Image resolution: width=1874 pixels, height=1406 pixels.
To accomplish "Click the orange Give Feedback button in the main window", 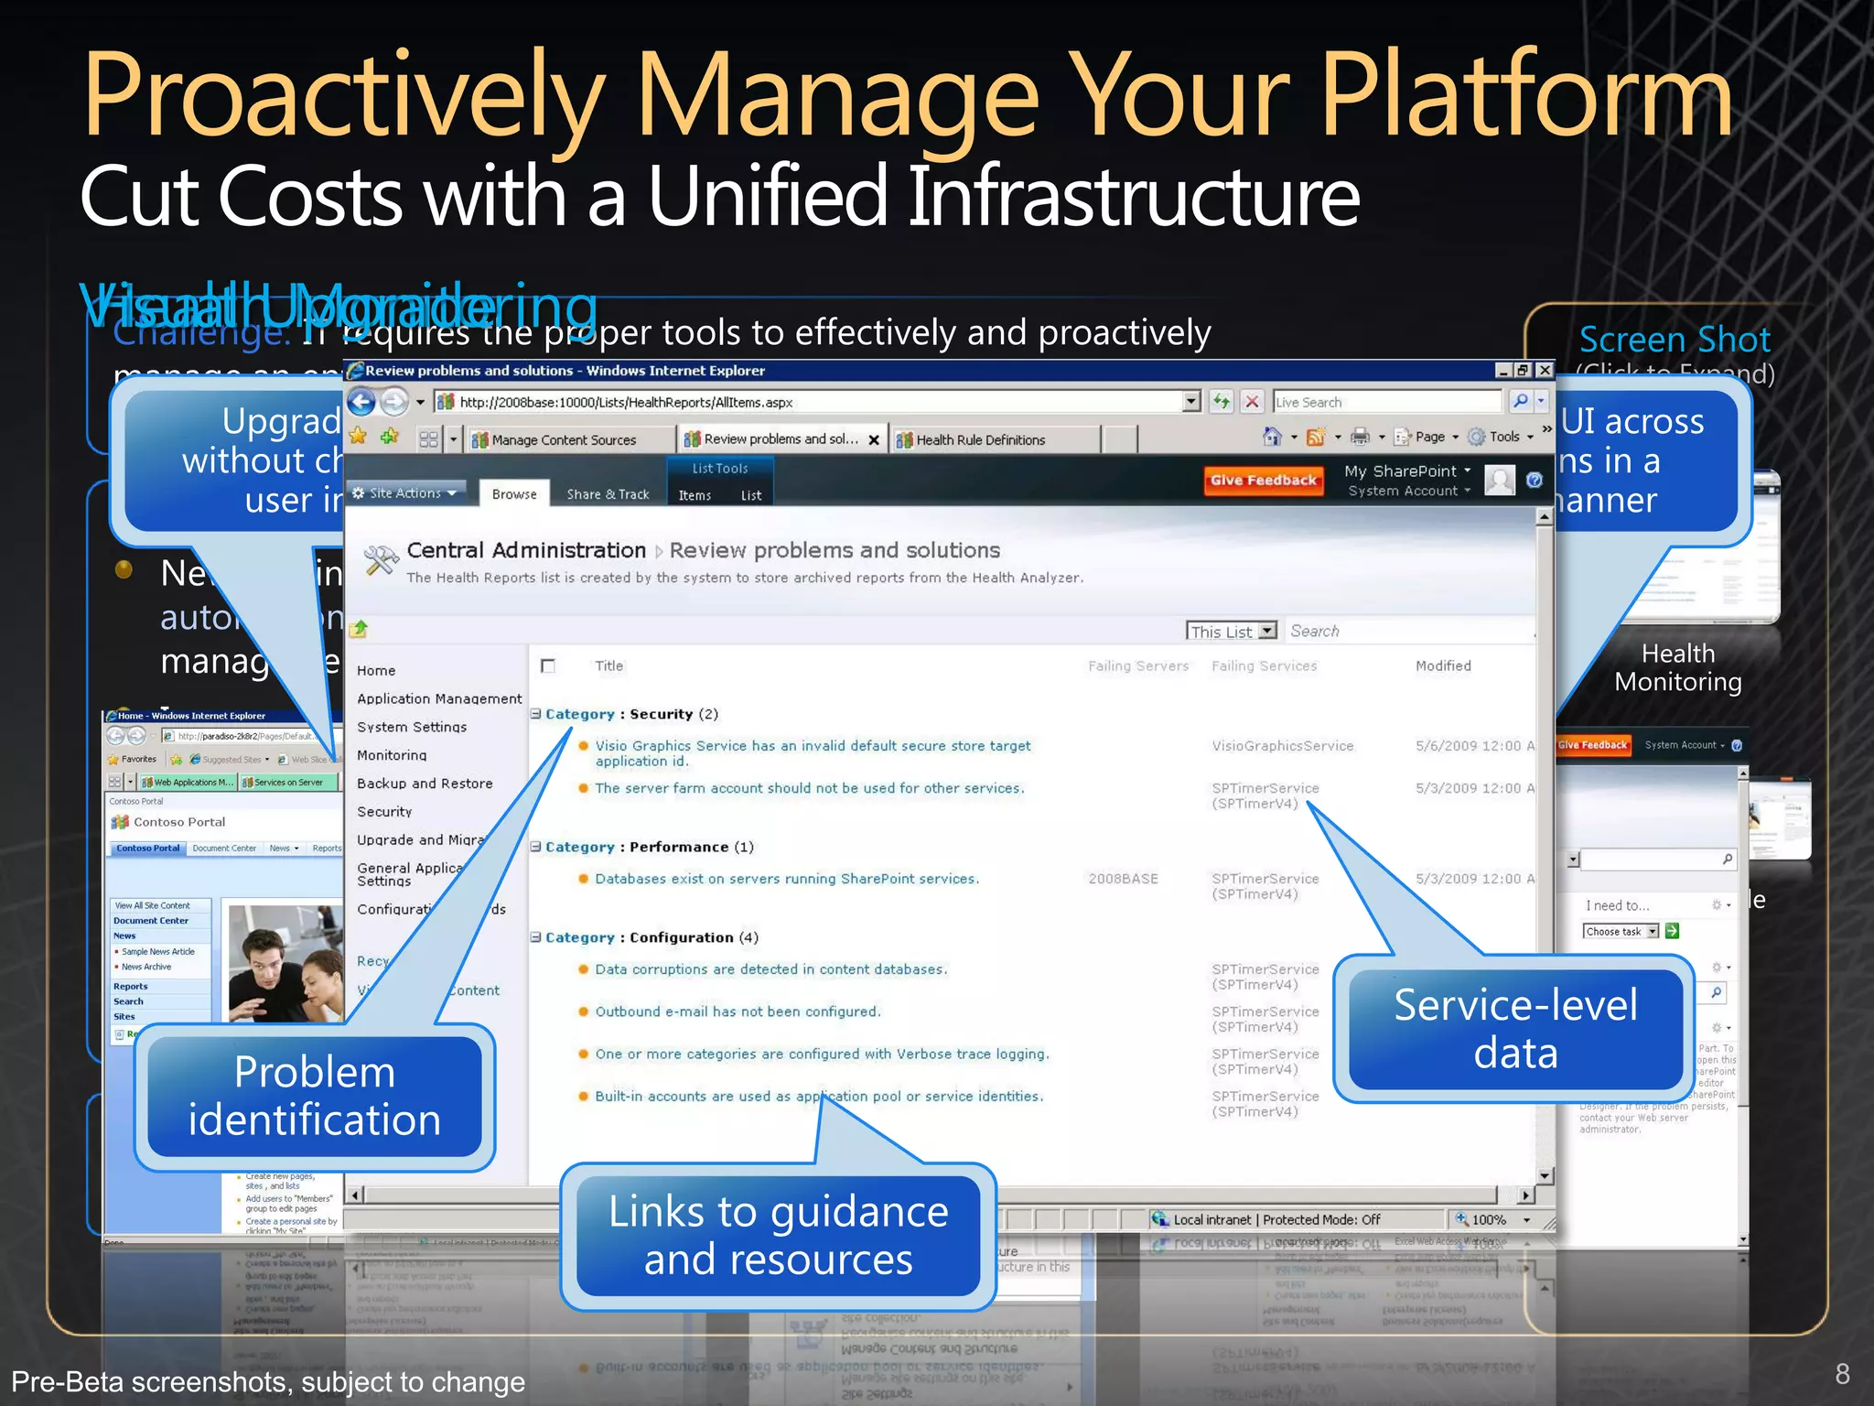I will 1263,480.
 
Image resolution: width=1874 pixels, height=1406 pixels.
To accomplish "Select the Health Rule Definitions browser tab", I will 980,439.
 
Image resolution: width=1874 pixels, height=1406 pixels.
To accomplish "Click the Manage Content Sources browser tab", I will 563,439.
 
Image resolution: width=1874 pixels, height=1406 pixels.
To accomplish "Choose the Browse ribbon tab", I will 514,493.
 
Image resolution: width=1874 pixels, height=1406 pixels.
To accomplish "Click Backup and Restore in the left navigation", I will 425,784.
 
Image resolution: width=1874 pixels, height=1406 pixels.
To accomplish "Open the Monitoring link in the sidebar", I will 392,755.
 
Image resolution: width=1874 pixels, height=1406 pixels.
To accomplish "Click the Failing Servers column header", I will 1137,665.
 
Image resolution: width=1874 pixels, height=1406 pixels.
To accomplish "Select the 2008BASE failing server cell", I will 1123,879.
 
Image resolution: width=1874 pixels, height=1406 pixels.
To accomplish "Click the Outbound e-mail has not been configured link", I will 738,1011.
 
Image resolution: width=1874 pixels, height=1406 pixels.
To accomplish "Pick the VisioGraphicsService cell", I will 1282,746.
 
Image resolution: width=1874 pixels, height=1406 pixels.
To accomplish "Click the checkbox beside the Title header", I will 548,665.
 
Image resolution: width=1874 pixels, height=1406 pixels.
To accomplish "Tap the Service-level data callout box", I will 1515,1029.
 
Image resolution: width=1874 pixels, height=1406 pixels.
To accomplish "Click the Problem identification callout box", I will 315,1096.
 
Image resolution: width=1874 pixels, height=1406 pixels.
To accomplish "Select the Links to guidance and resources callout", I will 778,1235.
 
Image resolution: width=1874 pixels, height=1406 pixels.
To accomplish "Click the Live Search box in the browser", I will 1385,402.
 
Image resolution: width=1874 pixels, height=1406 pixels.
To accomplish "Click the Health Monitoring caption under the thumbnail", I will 1677,667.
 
